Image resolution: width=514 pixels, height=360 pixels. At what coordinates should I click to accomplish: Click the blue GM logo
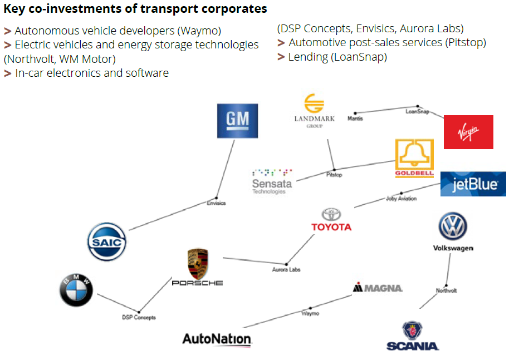coord(237,121)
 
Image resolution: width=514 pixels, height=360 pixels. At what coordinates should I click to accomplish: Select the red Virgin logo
coord(468,132)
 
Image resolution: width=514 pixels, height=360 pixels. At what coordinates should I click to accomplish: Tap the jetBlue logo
coord(473,184)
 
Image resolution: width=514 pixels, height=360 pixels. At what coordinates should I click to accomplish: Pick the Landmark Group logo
coord(314,111)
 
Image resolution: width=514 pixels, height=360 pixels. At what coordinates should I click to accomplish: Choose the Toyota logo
coord(331,220)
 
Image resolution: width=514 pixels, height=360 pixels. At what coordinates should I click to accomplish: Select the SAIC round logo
coord(107,241)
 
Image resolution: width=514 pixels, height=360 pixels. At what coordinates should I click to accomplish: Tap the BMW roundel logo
coord(76,290)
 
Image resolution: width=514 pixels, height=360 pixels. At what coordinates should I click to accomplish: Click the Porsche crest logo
coord(197,267)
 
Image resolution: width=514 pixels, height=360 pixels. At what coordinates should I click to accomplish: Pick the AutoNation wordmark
coord(217,339)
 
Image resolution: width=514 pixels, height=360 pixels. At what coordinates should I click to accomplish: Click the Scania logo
coord(413,336)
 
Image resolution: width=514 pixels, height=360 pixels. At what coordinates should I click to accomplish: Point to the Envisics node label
coord(216,203)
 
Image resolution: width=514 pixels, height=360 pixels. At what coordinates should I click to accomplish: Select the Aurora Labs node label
coord(286,269)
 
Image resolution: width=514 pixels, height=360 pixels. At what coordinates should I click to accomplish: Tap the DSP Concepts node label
coord(139,317)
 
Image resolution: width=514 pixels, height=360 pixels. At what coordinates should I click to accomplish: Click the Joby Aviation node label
coord(401,199)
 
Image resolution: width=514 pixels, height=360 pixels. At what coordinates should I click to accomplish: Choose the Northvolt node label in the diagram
coord(446,290)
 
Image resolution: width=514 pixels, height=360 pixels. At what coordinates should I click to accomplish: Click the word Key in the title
coord(13,9)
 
